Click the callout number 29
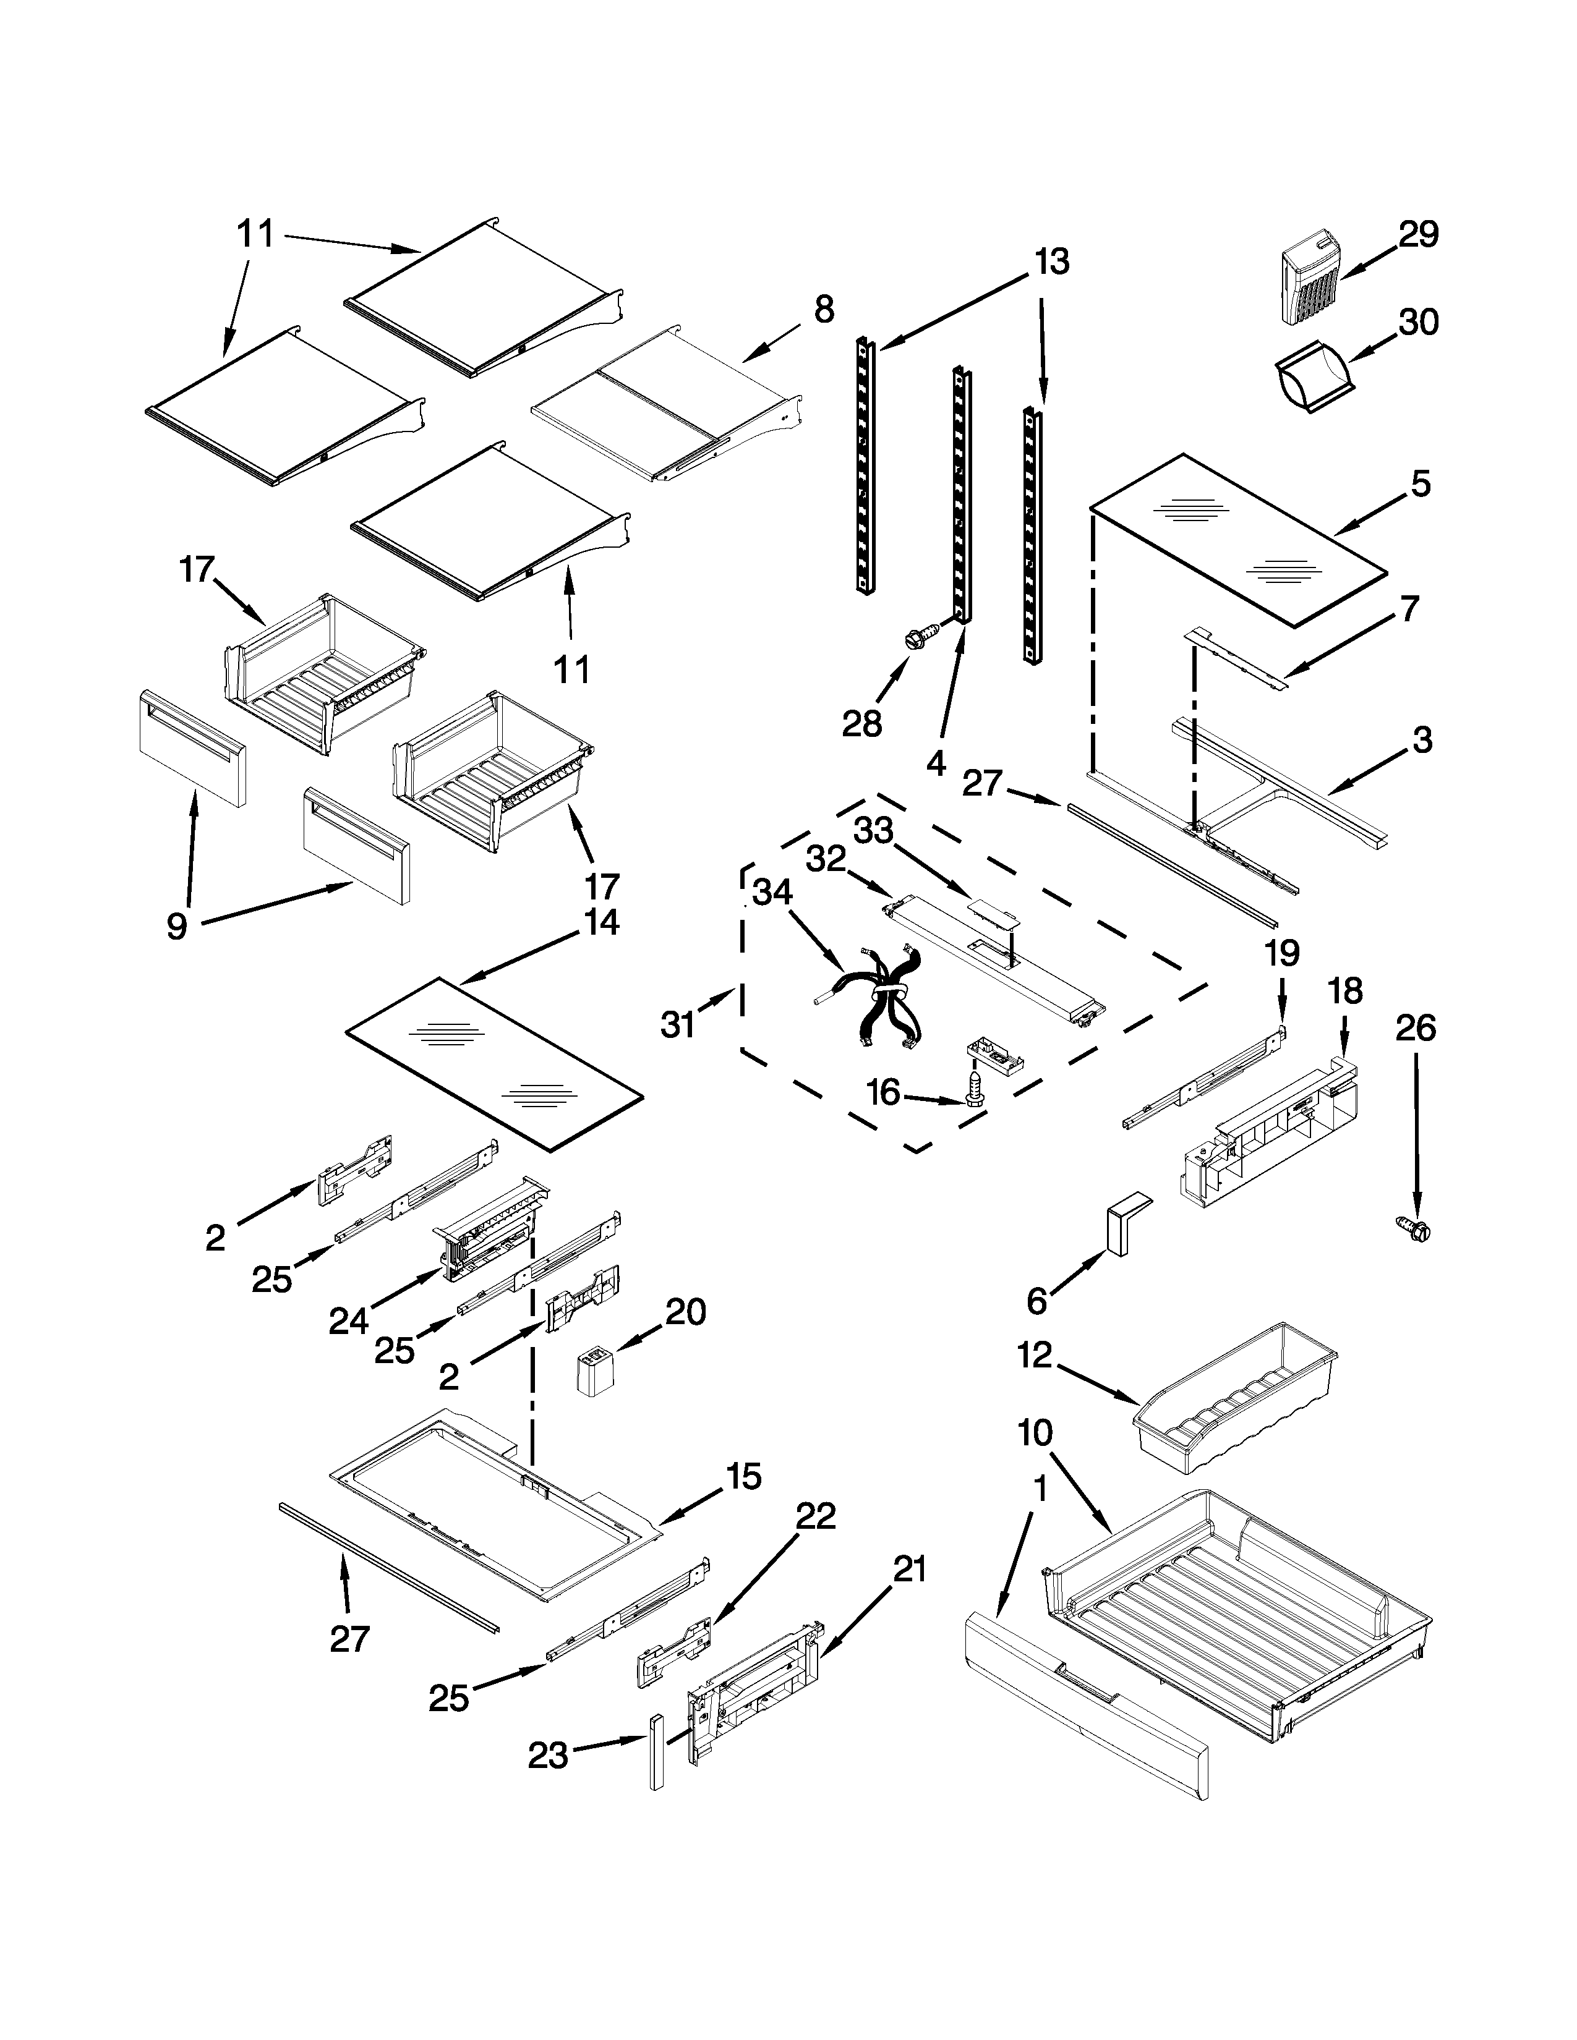click(1418, 234)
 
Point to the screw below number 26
click(1414, 1230)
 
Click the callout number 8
click(823, 309)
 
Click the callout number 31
click(678, 1024)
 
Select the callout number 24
click(348, 1321)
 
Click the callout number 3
click(1421, 740)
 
